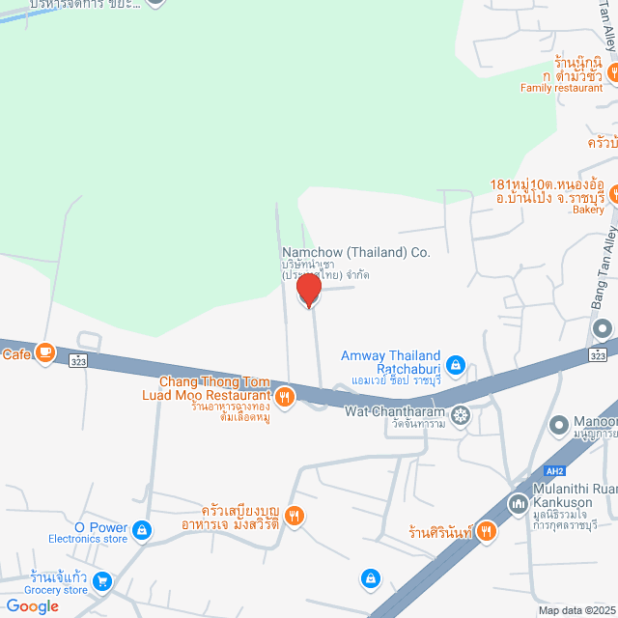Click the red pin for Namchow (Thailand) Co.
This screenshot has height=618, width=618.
[x=309, y=289]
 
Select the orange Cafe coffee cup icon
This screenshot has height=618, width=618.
[x=44, y=353]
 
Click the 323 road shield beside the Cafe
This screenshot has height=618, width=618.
[x=78, y=360]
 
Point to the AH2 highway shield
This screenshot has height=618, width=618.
[x=553, y=471]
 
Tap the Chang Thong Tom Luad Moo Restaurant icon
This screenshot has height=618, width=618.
[x=284, y=395]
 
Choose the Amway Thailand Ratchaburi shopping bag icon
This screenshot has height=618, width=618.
[x=456, y=365]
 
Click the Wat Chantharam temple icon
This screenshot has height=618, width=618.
[x=461, y=414]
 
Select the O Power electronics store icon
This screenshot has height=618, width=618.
[x=143, y=529]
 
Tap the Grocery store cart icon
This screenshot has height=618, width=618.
[x=101, y=581]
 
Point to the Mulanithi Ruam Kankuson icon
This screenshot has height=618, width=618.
[x=518, y=503]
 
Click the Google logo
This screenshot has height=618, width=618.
[x=31, y=605]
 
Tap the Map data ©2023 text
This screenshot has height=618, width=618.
[x=576, y=610]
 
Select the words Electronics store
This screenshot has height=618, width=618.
[x=89, y=539]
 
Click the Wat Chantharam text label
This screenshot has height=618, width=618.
[x=395, y=411]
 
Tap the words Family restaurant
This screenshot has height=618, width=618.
[x=561, y=88]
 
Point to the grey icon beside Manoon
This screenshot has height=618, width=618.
[x=559, y=424]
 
